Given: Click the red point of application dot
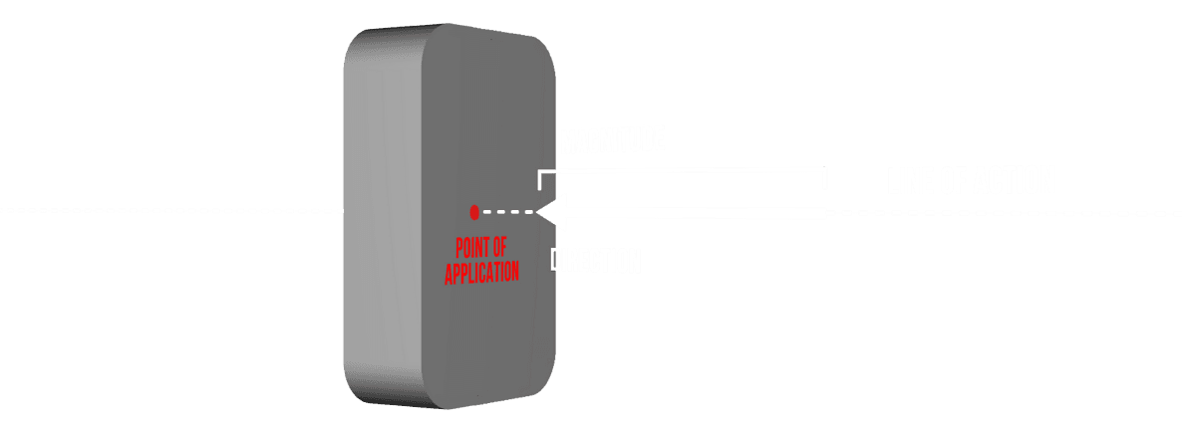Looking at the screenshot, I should coord(474,211).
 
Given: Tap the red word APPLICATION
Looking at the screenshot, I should coord(481,271).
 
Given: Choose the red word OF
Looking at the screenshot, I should coord(500,247).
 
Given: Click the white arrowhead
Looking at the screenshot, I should coord(551,211).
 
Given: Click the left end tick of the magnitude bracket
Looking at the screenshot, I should coord(539,179).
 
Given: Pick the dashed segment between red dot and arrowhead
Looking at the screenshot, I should coord(507,211).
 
